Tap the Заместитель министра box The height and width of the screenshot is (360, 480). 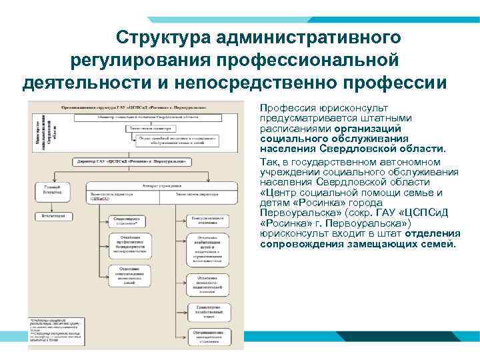(154, 128)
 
